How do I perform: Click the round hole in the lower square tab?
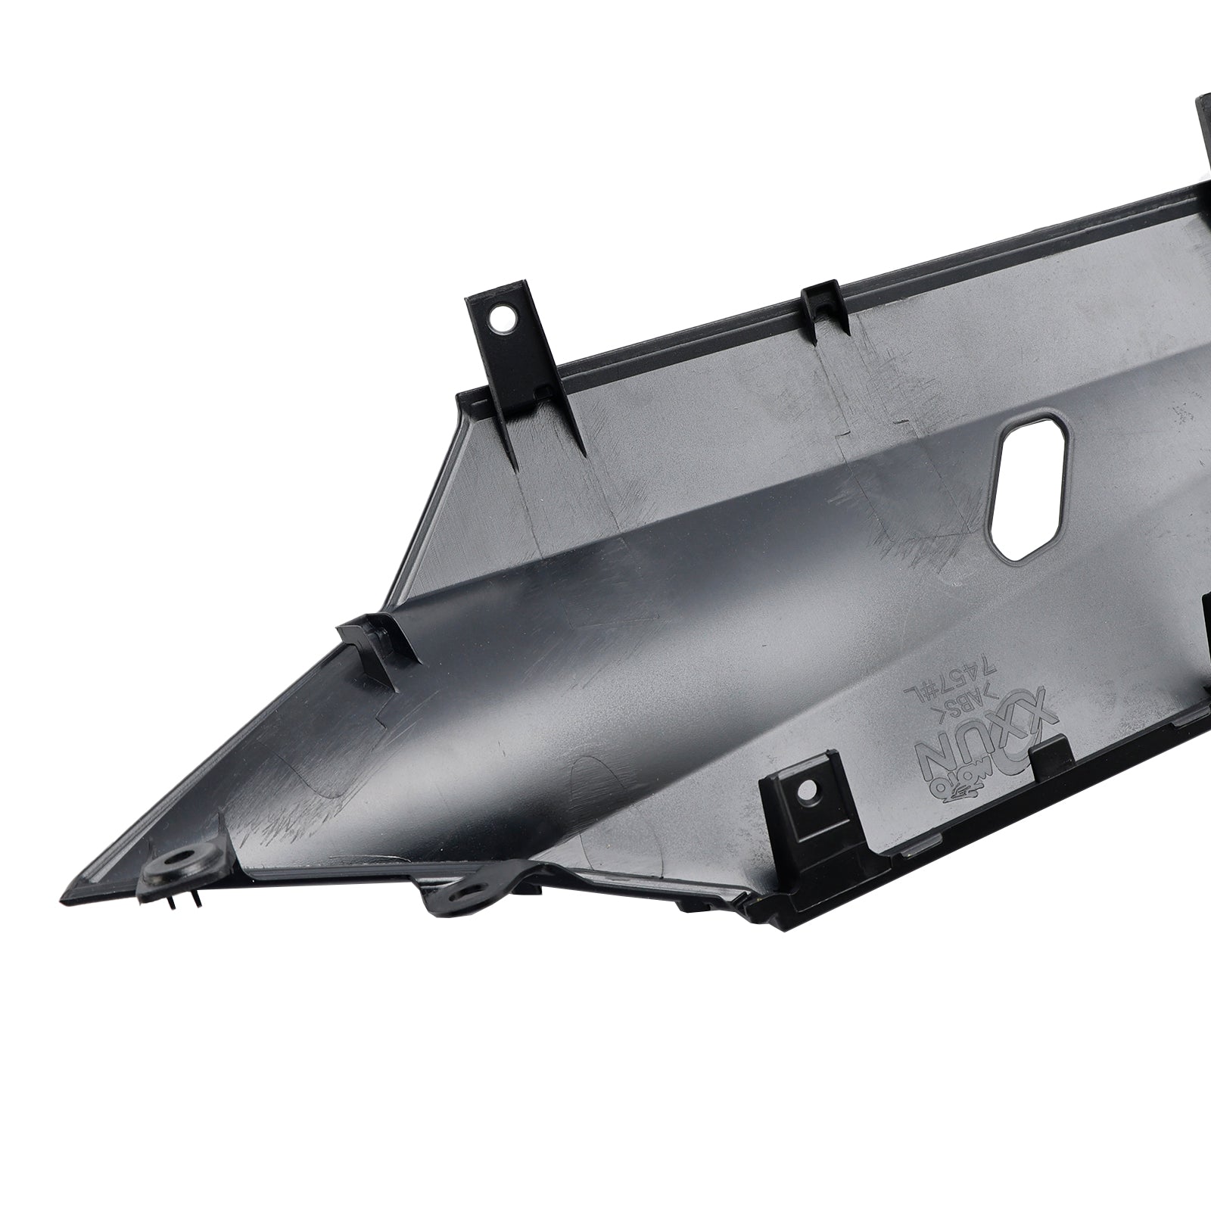pyautogui.click(x=809, y=790)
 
